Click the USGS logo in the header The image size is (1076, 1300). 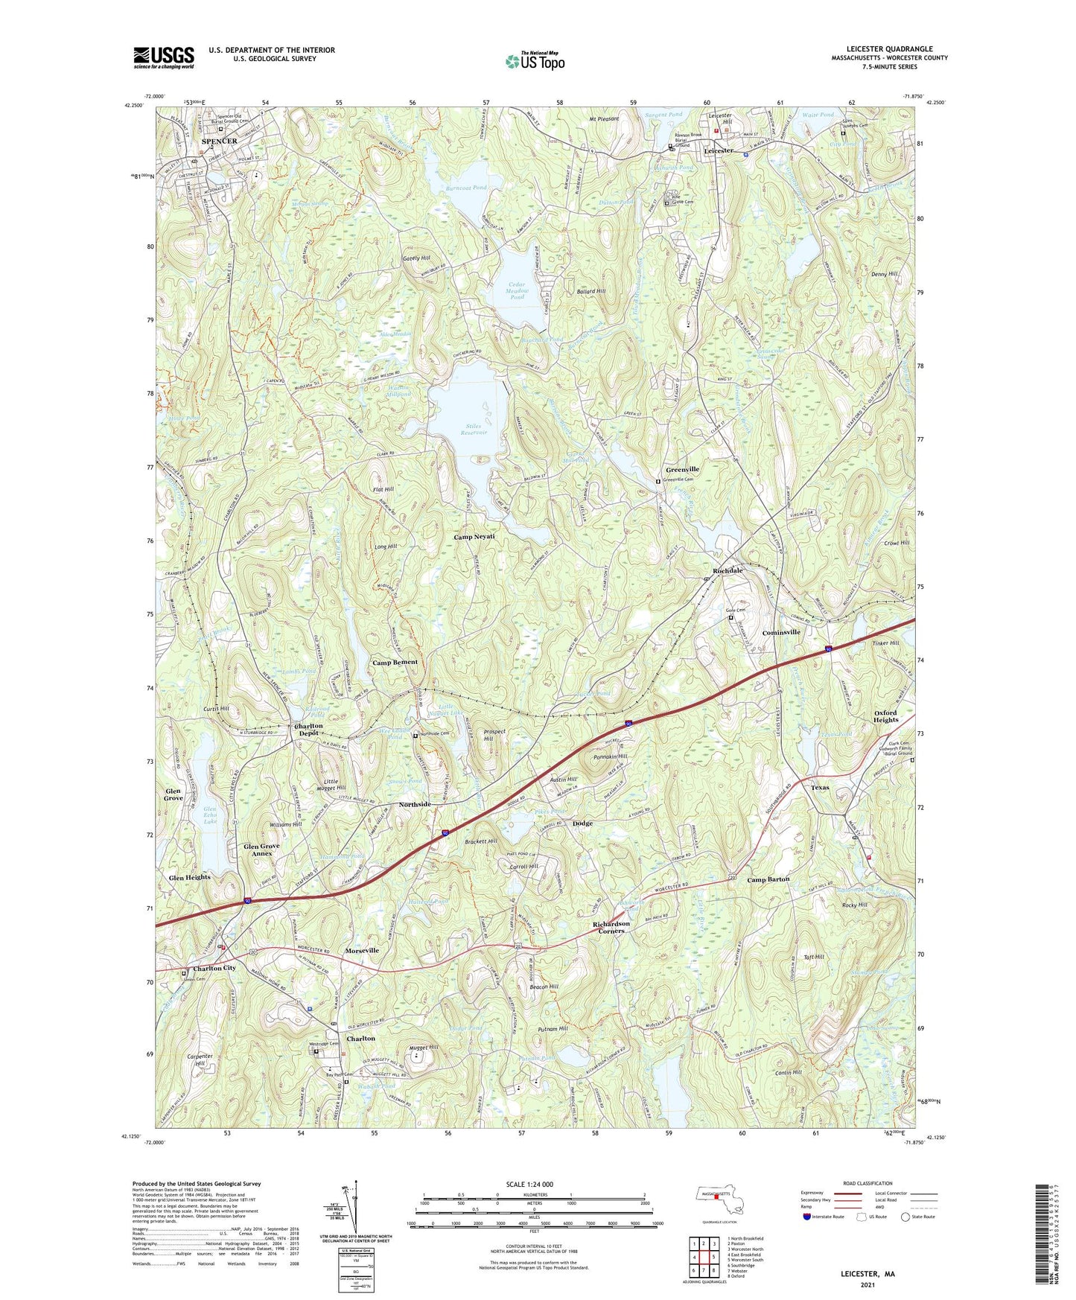163,57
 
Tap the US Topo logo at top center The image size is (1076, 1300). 534,61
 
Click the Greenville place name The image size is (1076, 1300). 682,470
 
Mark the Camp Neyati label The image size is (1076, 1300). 474,537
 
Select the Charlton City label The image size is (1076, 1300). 214,969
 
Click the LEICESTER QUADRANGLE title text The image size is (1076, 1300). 889,49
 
